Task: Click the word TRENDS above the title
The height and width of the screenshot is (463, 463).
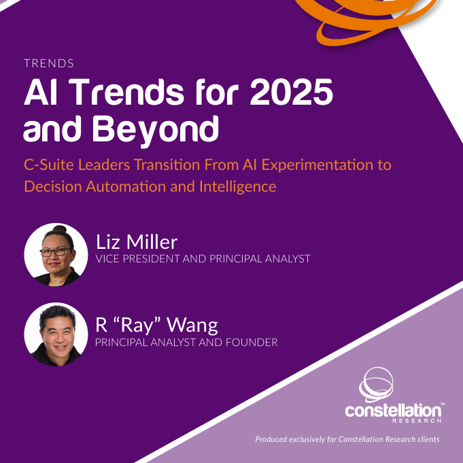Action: (49, 63)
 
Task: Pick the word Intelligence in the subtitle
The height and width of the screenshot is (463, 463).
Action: (238, 187)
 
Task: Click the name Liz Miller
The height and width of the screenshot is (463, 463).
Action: (137, 242)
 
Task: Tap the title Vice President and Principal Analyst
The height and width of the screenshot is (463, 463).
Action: (203, 258)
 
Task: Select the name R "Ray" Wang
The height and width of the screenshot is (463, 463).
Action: (156, 325)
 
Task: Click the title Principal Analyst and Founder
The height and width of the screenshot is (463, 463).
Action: (186, 342)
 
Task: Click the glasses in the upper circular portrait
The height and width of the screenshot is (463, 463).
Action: (56, 252)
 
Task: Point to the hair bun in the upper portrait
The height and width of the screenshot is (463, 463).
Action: (59, 229)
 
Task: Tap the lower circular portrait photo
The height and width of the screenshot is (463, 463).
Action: (56, 335)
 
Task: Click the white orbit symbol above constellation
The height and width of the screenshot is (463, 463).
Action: (376, 385)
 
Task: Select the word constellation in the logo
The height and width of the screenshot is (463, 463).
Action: (393, 411)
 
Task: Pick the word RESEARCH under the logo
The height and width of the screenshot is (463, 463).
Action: (417, 420)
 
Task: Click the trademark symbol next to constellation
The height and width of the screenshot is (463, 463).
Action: (443, 403)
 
